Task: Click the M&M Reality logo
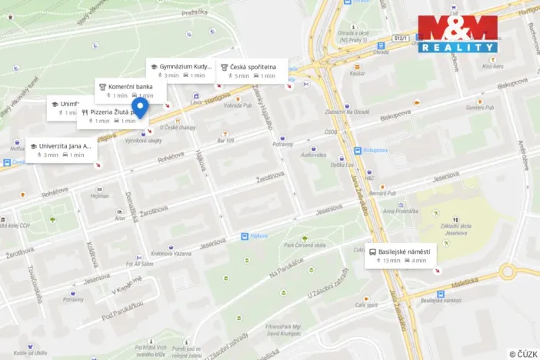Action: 458,33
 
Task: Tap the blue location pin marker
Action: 140,109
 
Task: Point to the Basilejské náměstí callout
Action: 401,255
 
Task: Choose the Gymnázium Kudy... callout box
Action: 182,71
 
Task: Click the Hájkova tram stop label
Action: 255,236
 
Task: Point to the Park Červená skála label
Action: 305,245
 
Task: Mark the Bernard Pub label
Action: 381,192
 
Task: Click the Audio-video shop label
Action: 314,154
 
